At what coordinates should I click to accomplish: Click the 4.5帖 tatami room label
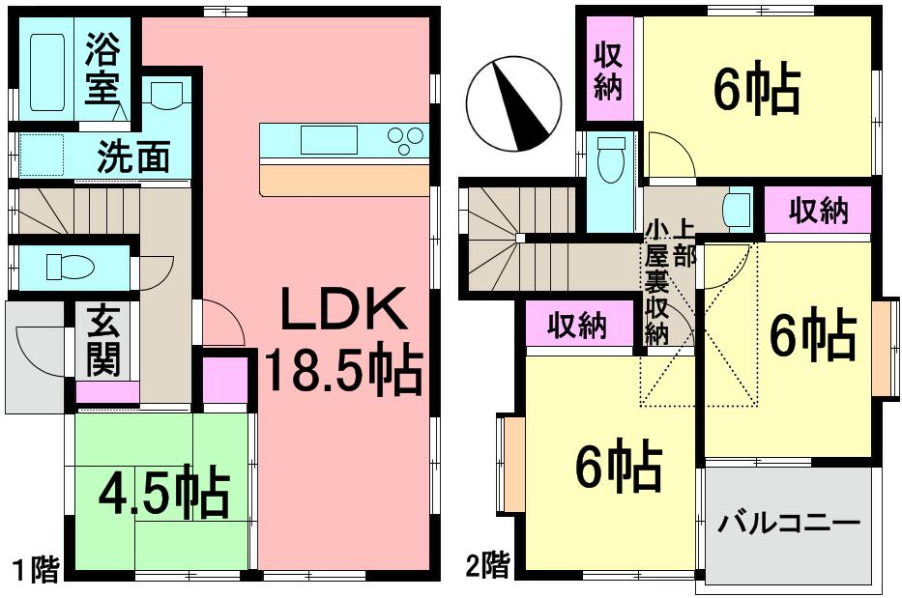click(x=164, y=494)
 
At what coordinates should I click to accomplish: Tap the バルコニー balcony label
click(x=789, y=525)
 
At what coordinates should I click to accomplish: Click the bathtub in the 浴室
click(x=47, y=72)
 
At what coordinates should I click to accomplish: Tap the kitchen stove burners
click(x=406, y=141)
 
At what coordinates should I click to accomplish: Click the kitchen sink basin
click(x=328, y=141)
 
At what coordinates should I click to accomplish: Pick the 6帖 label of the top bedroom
click(x=756, y=92)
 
